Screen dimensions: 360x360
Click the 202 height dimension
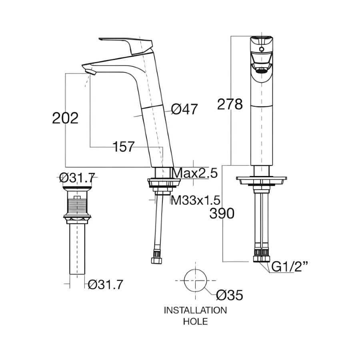[x=66, y=118]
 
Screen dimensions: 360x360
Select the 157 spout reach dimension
[x=124, y=147]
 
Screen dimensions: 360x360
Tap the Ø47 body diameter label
[x=184, y=109]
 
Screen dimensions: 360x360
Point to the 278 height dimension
[x=230, y=104]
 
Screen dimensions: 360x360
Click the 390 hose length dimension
[x=222, y=213]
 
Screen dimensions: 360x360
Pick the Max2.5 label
[x=195, y=173]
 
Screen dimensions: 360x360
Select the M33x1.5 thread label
[x=196, y=200]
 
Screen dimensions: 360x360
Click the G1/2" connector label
[x=290, y=266]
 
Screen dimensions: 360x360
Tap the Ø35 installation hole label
[x=229, y=295]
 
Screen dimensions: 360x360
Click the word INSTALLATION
[x=195, y=310]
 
